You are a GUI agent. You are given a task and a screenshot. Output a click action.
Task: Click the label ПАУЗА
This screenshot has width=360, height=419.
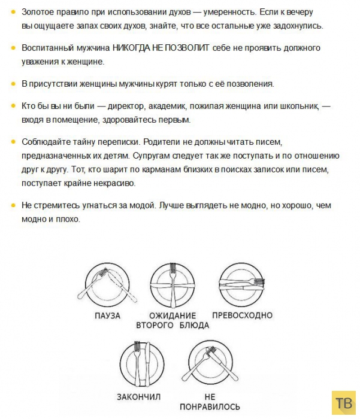[x=107, y=315]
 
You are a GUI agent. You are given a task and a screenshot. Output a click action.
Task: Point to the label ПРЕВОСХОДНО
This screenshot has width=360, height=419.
[x=242, y=315]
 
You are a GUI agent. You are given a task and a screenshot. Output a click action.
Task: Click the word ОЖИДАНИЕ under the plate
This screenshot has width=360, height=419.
[x=173, y=315]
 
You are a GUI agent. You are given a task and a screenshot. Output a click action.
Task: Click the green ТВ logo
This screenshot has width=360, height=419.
[x=343, y=402]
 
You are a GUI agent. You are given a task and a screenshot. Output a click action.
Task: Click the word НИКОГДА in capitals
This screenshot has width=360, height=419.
[x=150, y=47]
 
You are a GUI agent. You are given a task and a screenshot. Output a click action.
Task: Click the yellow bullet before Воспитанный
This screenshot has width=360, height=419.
[x=13, y=47]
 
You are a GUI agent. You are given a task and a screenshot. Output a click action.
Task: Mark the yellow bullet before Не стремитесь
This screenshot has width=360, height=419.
[x=13, y=205]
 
